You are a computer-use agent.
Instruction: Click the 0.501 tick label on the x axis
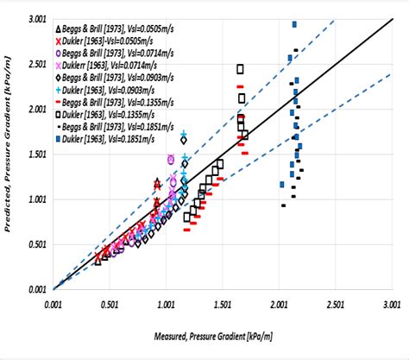pyautogui.click(x=110, y=305)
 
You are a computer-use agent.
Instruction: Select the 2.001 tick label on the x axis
pyautogui.click(x=280, y=305)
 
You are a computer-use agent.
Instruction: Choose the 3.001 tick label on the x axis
pyautogui.click(x=393, y=305)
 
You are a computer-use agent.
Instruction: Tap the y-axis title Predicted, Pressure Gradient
pyautogui.click(x=10, y=155)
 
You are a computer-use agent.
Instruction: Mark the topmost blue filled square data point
pyautogui.click(x=294, y=24)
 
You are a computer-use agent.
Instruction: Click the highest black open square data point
pyautogui.click(x=241, y=68)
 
